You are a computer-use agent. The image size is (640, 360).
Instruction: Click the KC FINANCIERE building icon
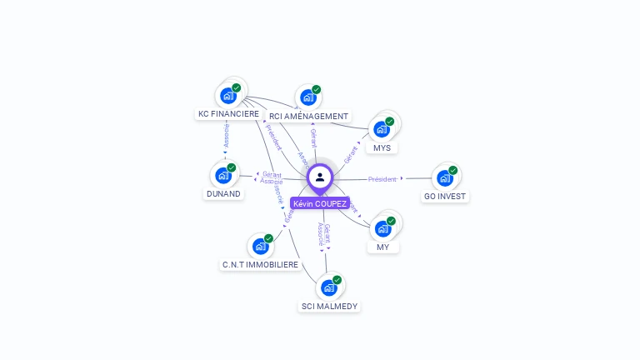227,96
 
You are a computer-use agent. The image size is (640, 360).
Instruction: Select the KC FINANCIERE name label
228,113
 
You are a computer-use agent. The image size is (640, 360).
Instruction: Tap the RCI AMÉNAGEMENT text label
308,117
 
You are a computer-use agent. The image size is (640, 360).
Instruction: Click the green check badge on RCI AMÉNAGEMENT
317,89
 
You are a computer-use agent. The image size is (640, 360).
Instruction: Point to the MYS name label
382,147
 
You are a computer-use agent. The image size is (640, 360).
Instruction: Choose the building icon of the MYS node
382,129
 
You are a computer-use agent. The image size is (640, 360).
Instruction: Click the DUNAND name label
223,193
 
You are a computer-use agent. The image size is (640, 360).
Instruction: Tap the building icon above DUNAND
222,175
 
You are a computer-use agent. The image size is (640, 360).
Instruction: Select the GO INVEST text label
445,197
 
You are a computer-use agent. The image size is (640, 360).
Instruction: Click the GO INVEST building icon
444,177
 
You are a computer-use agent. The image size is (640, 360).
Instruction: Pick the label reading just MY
382,247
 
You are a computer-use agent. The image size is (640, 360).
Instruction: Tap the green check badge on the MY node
391,221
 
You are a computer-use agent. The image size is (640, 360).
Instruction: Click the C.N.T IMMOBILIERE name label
260,264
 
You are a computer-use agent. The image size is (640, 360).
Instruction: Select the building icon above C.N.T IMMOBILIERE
260,246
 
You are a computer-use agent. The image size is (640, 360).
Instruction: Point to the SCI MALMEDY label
329,306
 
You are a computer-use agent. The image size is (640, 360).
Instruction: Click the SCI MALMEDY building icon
328,287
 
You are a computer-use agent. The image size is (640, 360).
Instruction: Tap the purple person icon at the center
320,177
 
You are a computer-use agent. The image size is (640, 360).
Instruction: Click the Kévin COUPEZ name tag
320,203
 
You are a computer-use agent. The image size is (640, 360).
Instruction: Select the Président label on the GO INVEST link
382,179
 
